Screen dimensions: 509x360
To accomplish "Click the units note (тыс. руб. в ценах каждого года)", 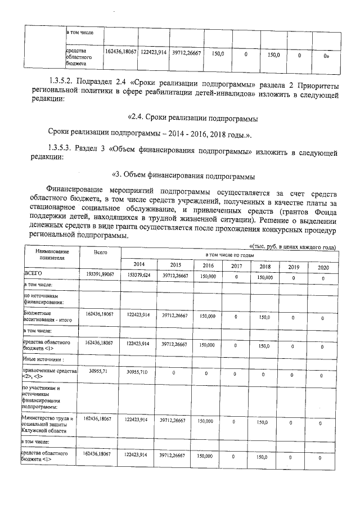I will tap(293, 247).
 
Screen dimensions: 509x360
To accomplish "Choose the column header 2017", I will tap(236, 266).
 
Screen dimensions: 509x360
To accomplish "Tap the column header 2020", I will tap(322, 267).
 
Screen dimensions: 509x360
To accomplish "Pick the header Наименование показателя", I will tap(49, 255).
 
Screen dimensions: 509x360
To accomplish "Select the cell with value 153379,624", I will tap(138, 275).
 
